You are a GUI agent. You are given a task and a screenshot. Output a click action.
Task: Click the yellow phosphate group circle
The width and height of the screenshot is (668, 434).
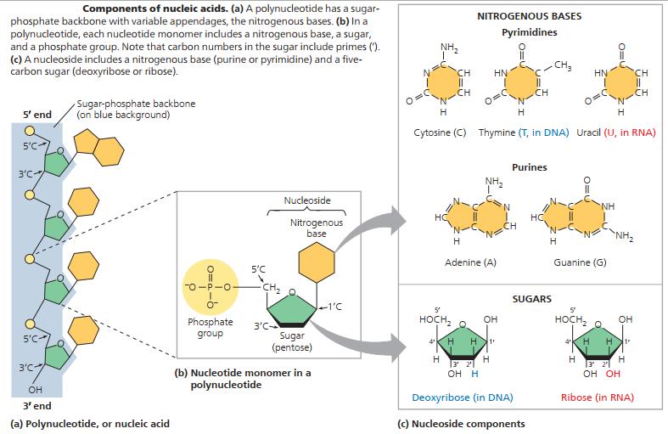(x=211, y=284)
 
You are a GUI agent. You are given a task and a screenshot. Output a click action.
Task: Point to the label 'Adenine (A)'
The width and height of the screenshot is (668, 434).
(x=470, y=262)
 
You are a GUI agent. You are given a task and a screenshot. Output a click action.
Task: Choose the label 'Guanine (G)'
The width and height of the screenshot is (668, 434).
(x=580, y=262)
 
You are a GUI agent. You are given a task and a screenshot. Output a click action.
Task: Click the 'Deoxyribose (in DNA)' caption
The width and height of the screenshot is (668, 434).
(x=463, y=397)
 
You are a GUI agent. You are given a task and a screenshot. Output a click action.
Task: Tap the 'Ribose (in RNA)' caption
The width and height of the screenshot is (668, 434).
(x=598, y=397)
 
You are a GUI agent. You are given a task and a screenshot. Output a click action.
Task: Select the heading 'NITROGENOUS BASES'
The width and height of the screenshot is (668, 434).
(x=529, y=16)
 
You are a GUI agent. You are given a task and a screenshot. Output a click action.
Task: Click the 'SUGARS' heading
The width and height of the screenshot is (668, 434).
(x=532, y=299)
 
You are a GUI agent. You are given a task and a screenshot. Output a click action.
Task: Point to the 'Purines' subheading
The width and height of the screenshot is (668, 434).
(x=530, y=167)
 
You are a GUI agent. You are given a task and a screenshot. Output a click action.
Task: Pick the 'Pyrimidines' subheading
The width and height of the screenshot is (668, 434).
(x=530, y=31)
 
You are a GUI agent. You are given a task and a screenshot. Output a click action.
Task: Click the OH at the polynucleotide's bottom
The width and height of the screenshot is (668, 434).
(x=36, y=391)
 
